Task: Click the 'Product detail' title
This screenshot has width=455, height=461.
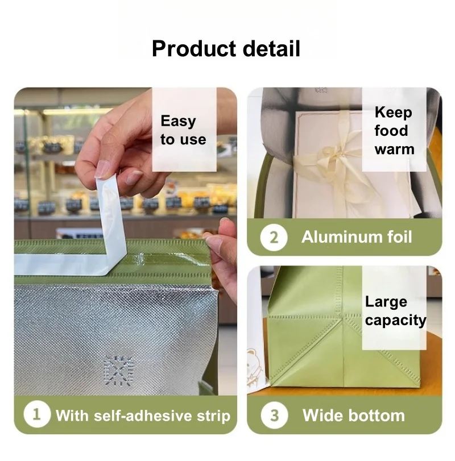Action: [226, 49]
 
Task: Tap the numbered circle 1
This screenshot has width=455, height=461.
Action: [36, 414]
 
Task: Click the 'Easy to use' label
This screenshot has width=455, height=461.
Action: [183, 130]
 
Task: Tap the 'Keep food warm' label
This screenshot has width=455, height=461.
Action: [394, 131]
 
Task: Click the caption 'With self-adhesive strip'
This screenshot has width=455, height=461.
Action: [143, 415]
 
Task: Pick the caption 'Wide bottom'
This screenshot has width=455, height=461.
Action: [353, 415]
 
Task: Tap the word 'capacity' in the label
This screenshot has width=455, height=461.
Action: [395, 320]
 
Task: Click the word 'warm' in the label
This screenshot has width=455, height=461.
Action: [394, 149]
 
